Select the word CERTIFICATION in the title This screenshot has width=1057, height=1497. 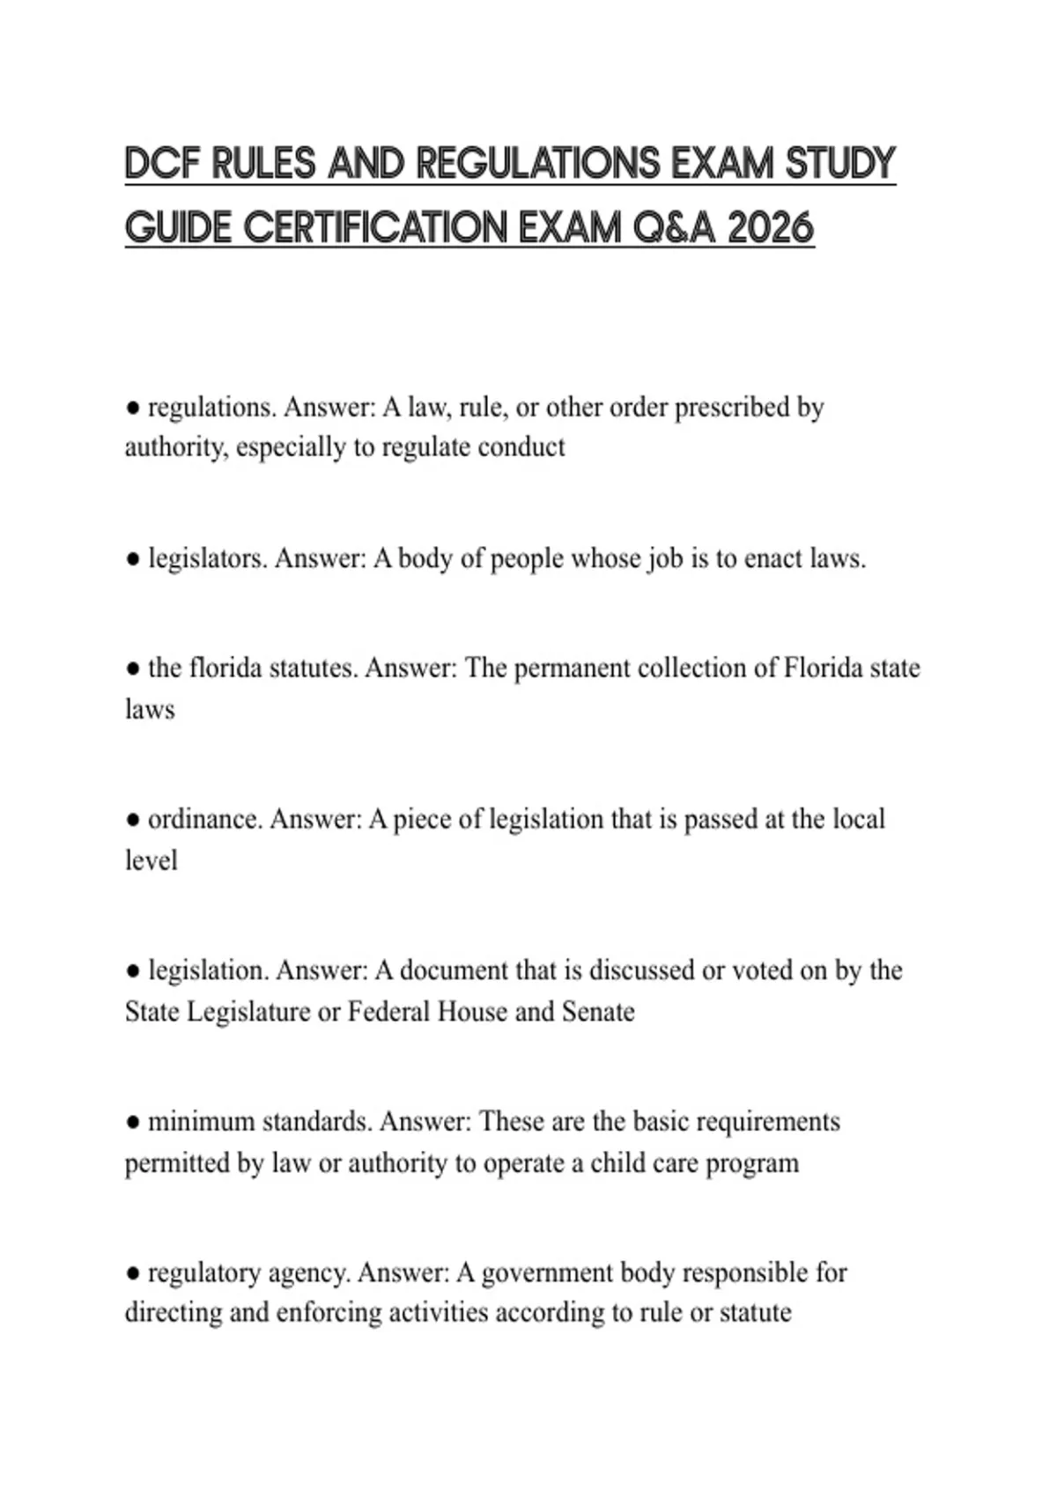click(375, 229)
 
